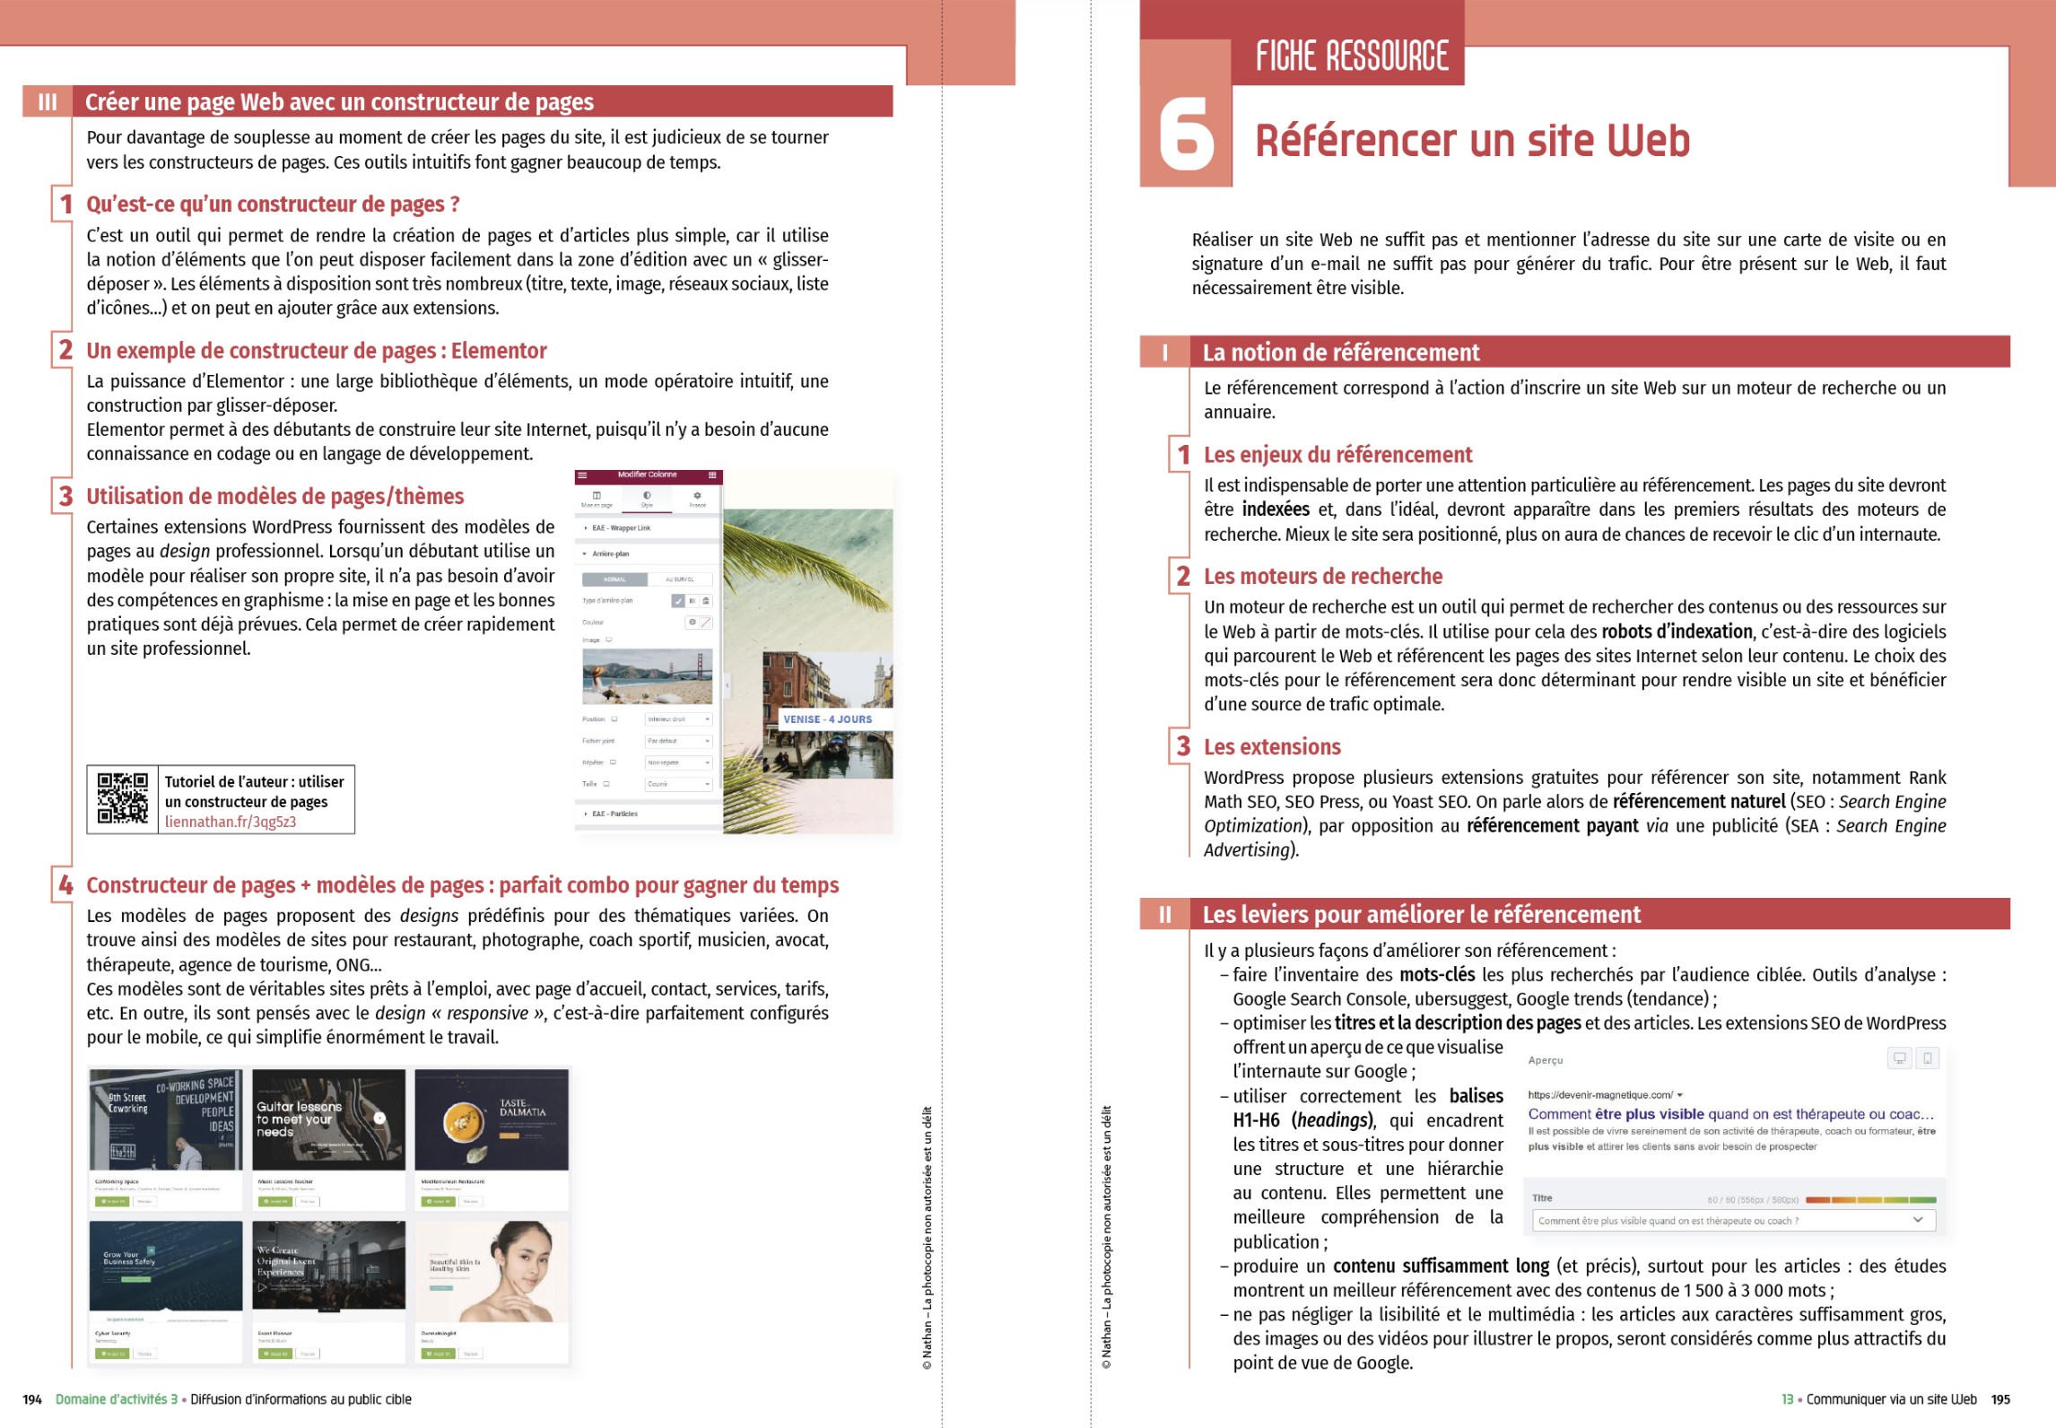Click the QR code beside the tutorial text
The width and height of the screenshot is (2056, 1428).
(122, 798)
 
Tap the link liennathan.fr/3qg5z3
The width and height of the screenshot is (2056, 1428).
(231, 822)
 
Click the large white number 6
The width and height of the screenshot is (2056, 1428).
(1186, 135)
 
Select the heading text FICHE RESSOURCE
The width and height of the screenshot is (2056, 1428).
(1351, 57)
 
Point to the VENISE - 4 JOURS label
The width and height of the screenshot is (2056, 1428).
(827, 719)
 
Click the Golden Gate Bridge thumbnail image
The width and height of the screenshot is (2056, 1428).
(647, 676)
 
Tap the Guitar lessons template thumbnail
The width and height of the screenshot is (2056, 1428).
(328, 1119)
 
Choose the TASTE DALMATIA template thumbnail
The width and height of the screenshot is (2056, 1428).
(492, 1119)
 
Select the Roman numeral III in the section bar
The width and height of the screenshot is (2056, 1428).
(48, 102)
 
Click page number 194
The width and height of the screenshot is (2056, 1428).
(32, 1399)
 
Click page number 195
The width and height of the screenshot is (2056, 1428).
(2000, 1399)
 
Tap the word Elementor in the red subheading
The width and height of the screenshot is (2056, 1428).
(499, 351)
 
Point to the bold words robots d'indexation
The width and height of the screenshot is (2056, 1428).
(1677, 631)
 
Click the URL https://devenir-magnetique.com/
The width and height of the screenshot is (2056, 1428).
(1600, 1095)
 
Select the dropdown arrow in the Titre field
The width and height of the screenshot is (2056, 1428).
(1918, 1220)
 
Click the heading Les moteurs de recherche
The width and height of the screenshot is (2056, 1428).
(1323, 577)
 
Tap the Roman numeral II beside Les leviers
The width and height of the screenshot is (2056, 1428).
(1164, 915)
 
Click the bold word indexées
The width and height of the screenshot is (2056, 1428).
(1276, 509)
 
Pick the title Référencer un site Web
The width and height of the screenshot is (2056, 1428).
(1472, 141)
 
